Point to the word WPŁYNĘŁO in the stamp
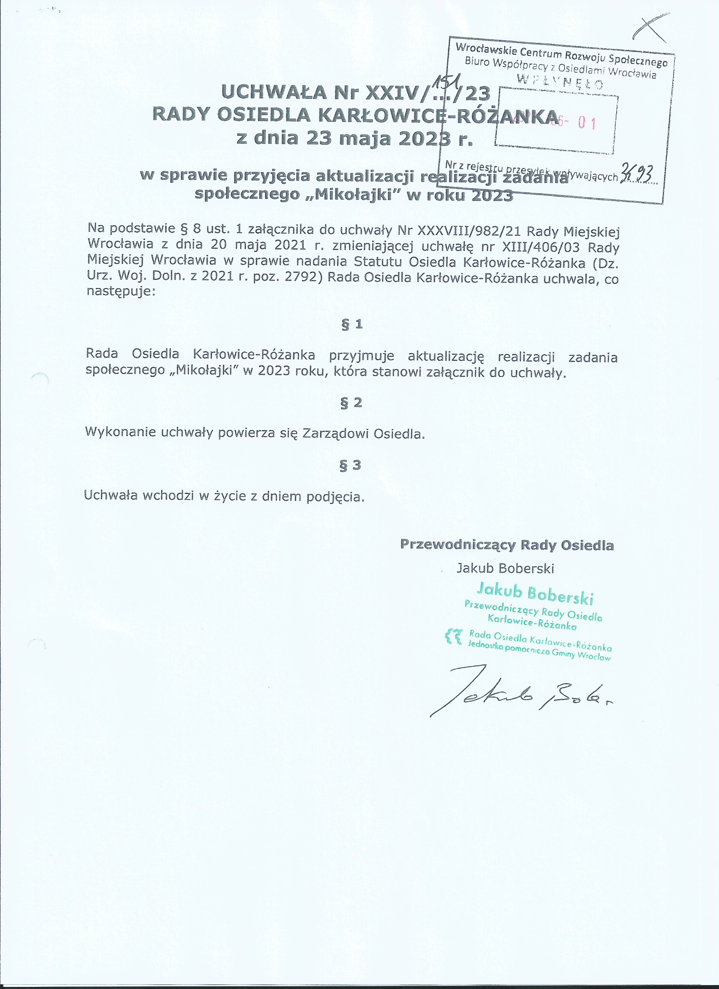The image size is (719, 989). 560,82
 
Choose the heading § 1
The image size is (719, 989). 352,324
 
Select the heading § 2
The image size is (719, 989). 351,402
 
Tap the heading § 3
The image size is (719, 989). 351,465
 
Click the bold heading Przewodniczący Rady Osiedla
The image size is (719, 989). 507,545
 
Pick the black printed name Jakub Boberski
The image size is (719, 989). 505,568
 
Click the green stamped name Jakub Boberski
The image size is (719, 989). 535,593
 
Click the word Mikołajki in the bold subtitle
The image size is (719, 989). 352,194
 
